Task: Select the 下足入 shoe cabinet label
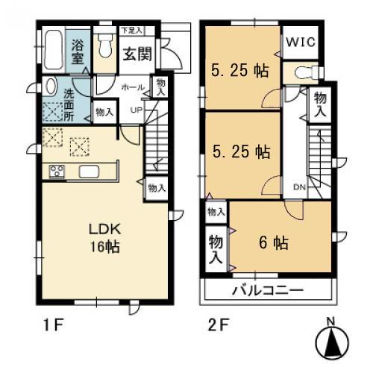(x=132, y=31)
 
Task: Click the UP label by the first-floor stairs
(x=137, y=111)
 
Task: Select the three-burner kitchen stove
(x=57, y=172)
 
